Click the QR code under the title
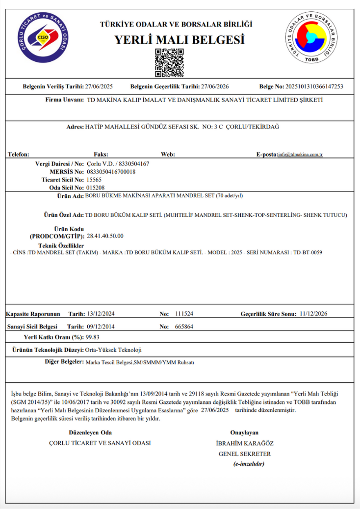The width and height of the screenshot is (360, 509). (x=169, y=63)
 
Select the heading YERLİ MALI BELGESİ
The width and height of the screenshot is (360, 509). (x=180, y=40)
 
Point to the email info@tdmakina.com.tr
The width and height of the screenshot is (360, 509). (x=300, y=155)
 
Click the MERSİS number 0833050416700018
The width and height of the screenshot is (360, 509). (x=111, y=171)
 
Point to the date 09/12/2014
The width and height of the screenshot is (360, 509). (x=101, y=326)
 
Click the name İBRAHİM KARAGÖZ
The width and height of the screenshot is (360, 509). (x=244, y=443)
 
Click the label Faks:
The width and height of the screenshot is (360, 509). (x=101, y=154)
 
